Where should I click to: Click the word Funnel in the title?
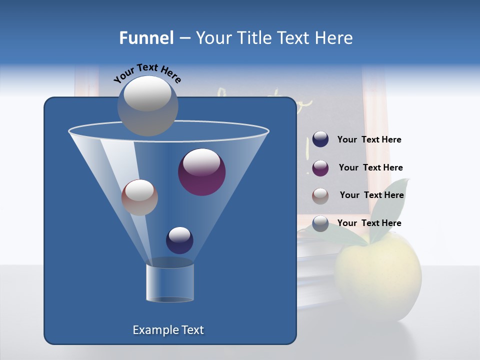coord(146,37)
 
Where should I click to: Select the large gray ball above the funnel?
coord(147,105)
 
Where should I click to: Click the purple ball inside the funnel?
coord(201,172)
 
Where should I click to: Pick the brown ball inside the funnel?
coord(139,197)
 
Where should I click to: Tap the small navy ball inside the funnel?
coord(179,240)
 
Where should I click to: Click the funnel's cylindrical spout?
coord(169,282)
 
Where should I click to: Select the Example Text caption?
coord(168,330)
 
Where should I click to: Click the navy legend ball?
coord(320,139)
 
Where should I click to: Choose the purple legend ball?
coord(320,168)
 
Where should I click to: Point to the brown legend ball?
coord(320,196)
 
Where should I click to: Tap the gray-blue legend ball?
coord(320,223)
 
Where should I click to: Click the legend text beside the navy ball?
coord(369,140)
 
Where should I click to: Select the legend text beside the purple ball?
coord(370,167)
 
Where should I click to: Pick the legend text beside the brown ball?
coord(371,195)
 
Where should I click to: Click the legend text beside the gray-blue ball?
coord(369,223)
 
